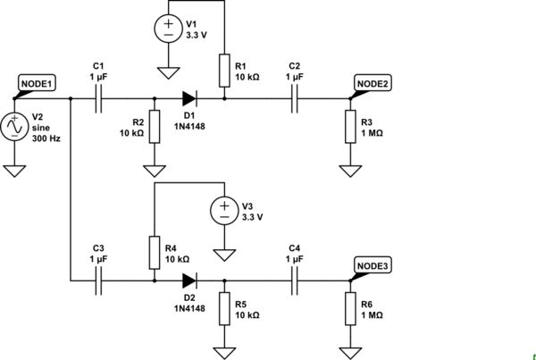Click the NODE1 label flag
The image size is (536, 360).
(x=37, y=84)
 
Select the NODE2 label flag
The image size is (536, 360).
(x=373, y=84)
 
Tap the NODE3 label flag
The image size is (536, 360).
(x=373, y=264)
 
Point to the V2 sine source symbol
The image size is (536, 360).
(x=15, y=128)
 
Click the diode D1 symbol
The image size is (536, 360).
(x=188, y=100)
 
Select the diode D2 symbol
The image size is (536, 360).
(x=188, y=280)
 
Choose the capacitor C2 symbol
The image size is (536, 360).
(x=295, y=100)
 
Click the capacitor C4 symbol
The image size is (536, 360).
(x=295, y=280)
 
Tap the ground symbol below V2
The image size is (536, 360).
(x=15, y=169)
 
